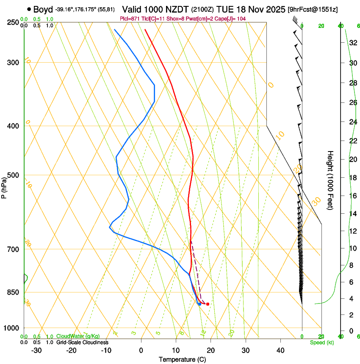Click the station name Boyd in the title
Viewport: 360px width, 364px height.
click(43, 8)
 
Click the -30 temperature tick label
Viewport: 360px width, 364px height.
click(36, 350)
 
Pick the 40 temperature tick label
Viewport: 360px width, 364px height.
click(280, 350)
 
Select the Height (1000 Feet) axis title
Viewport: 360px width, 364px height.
click(330, 180)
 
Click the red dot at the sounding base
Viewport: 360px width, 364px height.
click(208, 304)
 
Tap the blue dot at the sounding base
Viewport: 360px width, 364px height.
click(199, 304)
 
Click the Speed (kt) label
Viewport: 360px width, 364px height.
click(321, 342)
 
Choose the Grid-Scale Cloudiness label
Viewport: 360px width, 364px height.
click(82, 342)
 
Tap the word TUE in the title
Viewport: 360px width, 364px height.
click(224, 8)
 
